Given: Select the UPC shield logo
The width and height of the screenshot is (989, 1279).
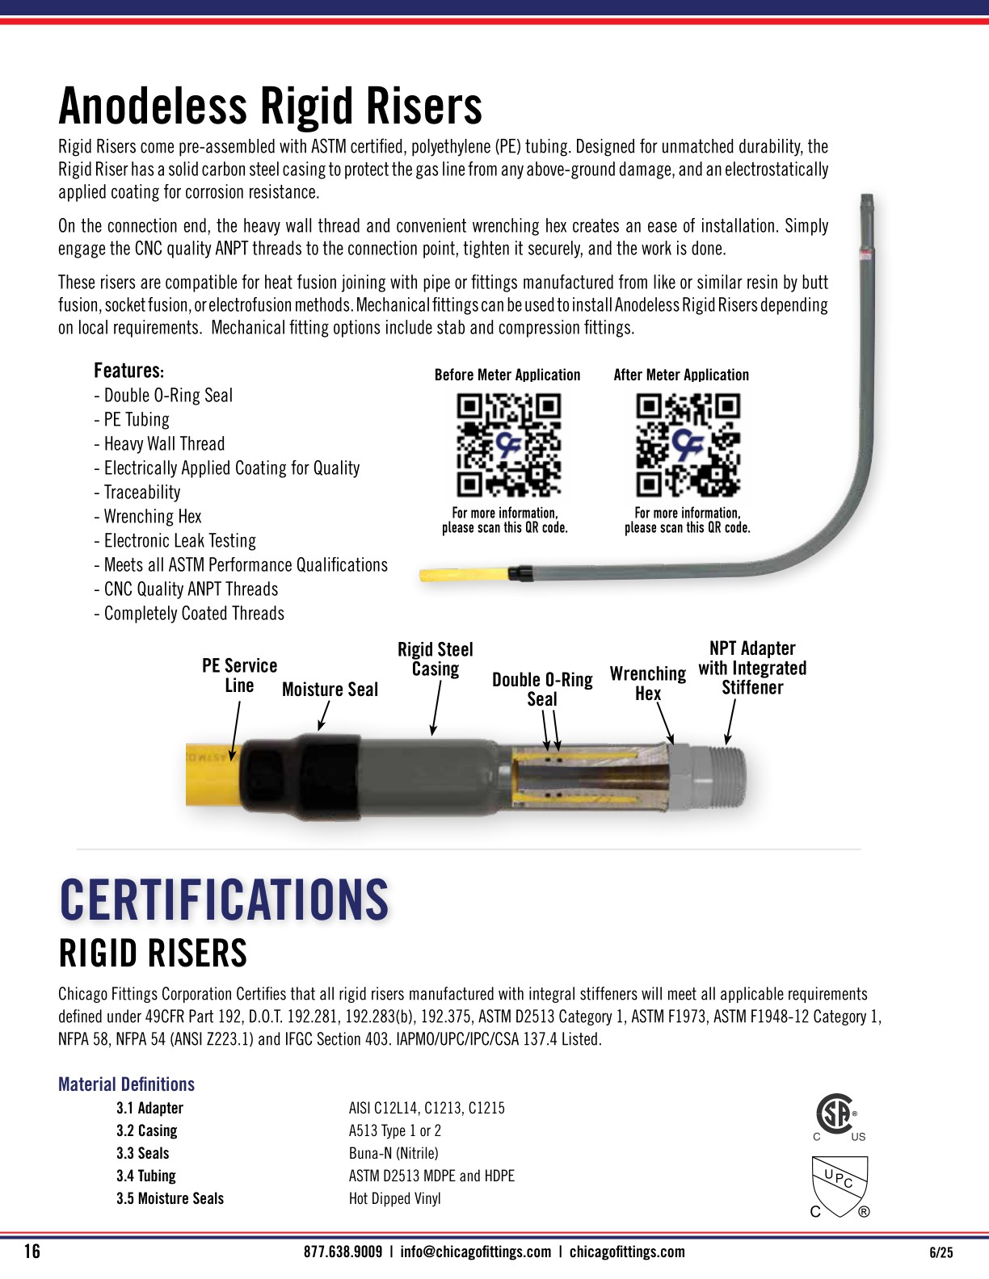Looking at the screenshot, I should click(x=840, y=1185).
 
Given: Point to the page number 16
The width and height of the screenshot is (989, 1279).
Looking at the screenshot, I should click(x=32, y=1252).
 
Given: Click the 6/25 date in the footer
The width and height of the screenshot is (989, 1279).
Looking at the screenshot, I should click(x=941, y=1252).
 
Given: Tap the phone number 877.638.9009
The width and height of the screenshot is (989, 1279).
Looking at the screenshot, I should click(x=343, y=1252).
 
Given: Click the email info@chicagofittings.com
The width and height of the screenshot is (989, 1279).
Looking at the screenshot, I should click(x=475, y=1252).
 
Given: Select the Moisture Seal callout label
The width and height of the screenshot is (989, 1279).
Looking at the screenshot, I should click(x=330, y=690).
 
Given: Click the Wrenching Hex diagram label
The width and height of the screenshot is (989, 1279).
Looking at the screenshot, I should click(x=648, y=683).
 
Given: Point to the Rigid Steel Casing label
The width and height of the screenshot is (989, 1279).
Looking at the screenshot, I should click(x=436, y=659).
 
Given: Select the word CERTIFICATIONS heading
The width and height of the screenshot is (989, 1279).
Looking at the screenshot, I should click(x=224, y=899).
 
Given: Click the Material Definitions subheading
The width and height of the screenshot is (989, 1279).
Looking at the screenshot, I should click(x=126, y=1084).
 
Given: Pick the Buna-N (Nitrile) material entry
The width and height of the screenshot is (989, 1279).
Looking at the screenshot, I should click(x=393, y=1153).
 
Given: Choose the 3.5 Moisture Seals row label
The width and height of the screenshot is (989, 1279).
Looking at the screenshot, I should click(x=170, y=1198).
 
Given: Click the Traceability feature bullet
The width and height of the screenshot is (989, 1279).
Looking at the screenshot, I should click(x=137, y=493).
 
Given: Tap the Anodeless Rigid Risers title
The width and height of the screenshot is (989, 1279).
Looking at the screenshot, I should click(x=270, y=106).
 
